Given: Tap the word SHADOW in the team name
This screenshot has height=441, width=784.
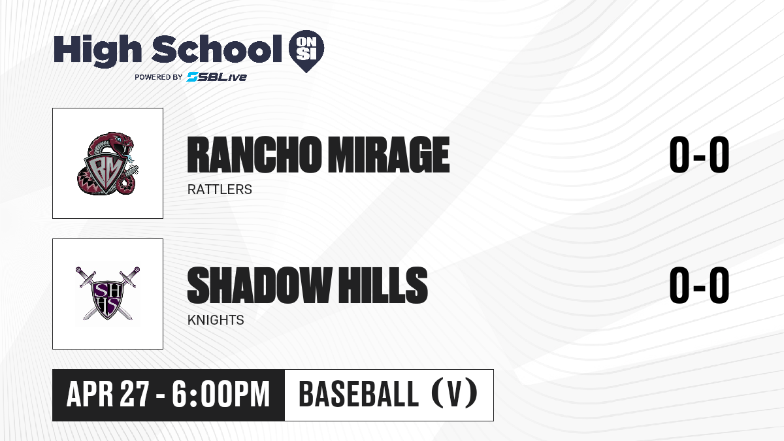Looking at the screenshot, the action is click(x=259, y=286).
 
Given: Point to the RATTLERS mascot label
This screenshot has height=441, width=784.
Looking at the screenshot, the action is click(x=220, y=189).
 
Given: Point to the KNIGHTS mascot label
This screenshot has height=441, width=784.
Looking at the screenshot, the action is click(x=216, y=320).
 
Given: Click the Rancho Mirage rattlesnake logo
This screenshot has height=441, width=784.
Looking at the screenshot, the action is click(x=107, y=163).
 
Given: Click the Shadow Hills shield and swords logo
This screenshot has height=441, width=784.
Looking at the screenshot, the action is click(x=108, y=293).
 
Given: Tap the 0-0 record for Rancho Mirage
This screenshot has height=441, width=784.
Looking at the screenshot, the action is click(x=699, y=155).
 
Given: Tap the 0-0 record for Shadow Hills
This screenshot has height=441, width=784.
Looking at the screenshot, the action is click(x=699, y=286).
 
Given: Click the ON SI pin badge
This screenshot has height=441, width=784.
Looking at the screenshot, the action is click(x=306, y=51).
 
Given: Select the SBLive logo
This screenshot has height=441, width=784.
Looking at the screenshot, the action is click(x=217, y=76).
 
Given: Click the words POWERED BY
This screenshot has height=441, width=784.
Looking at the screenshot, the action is click(x=159, y=77).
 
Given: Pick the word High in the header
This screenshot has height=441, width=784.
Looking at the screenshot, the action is click(x=98, y=50).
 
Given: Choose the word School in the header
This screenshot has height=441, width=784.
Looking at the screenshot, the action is click(x=217, y=49).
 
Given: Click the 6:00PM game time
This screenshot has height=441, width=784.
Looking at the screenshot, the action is click(x=221, y=394).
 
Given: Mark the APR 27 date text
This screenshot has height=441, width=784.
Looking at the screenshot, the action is click(x=108, y=394).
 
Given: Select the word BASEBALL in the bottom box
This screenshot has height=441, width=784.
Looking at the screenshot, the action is click(x=359, y=394).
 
